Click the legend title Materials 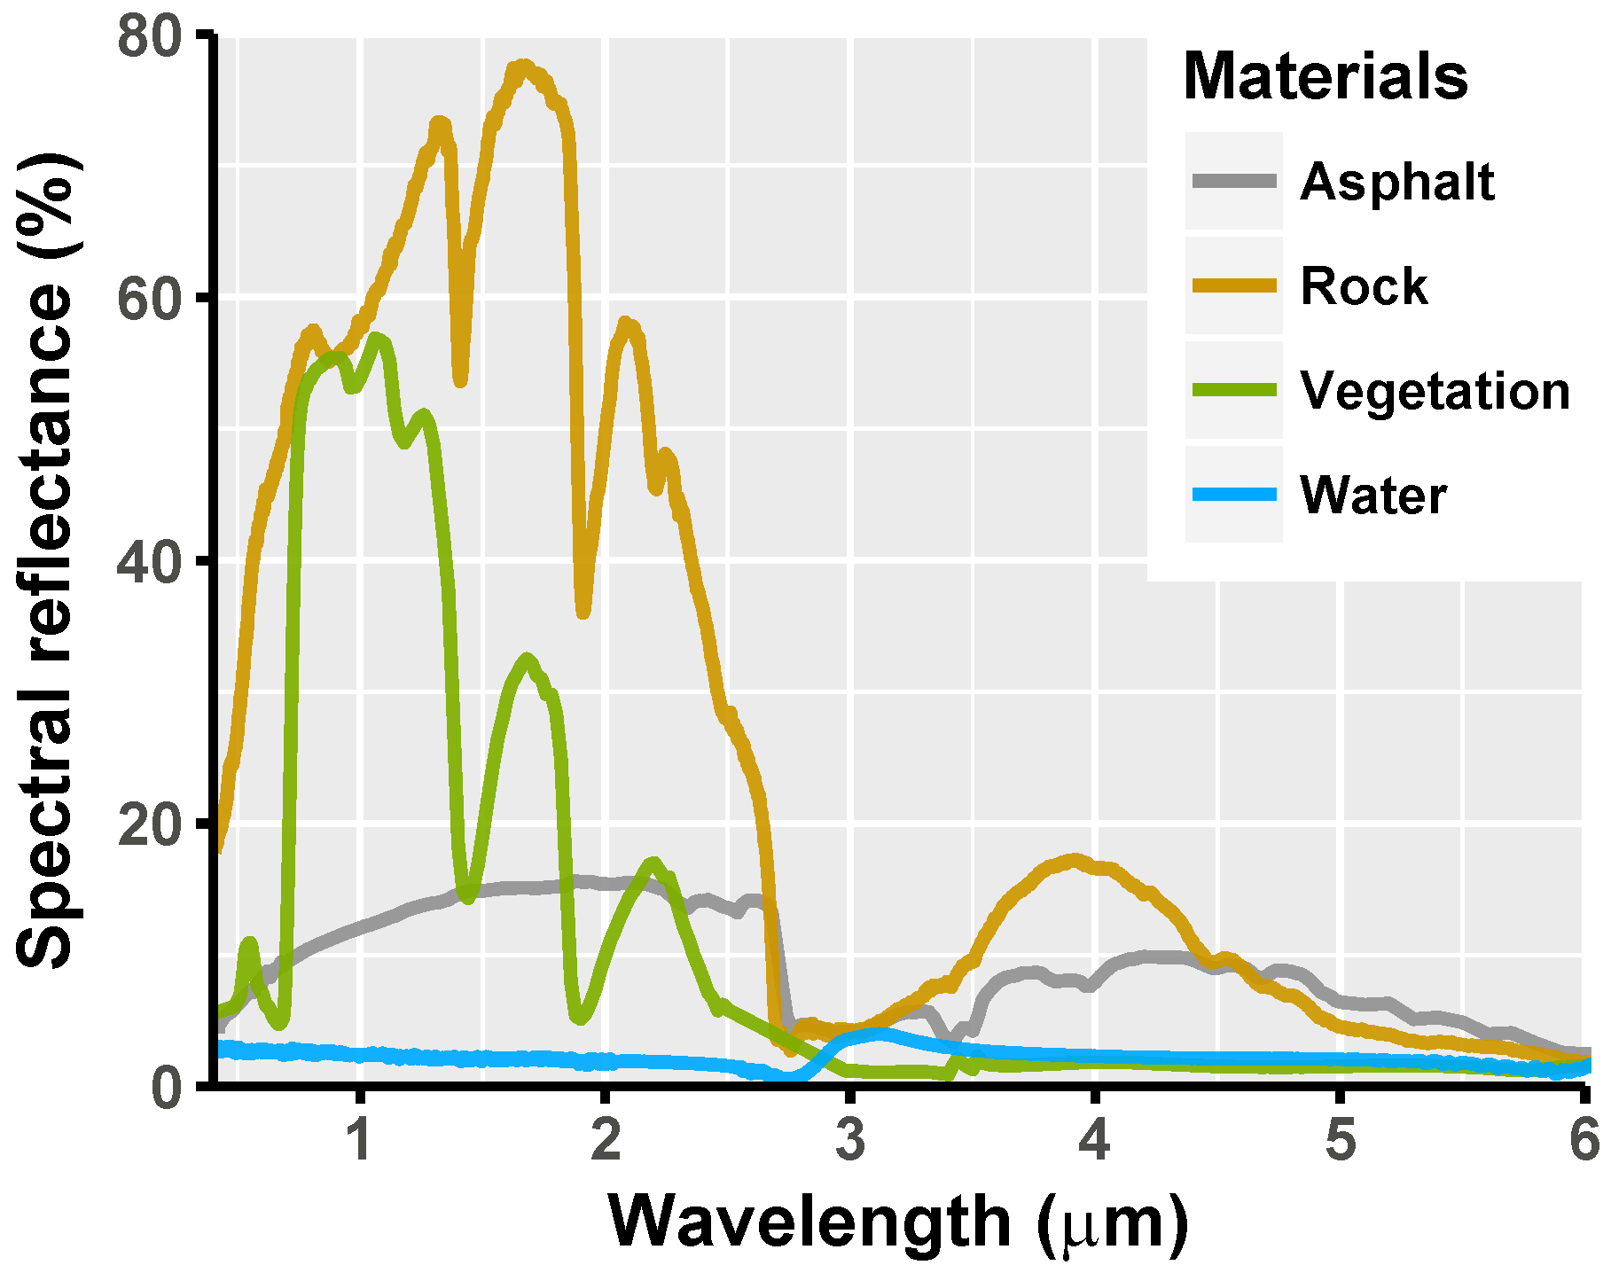pos(1325,77)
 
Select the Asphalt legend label pos(1396,183)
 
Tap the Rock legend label pos(1363,286)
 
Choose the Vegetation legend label pos(1435,391)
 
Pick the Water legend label pos(1372,495)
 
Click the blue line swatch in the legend pos(1233,495)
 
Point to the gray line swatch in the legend pos(1233,182)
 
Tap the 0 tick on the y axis pos(166,1086)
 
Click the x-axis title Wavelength pos(896,1222)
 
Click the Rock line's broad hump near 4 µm pos(1075,860)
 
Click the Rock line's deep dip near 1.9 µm pos(583,612)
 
